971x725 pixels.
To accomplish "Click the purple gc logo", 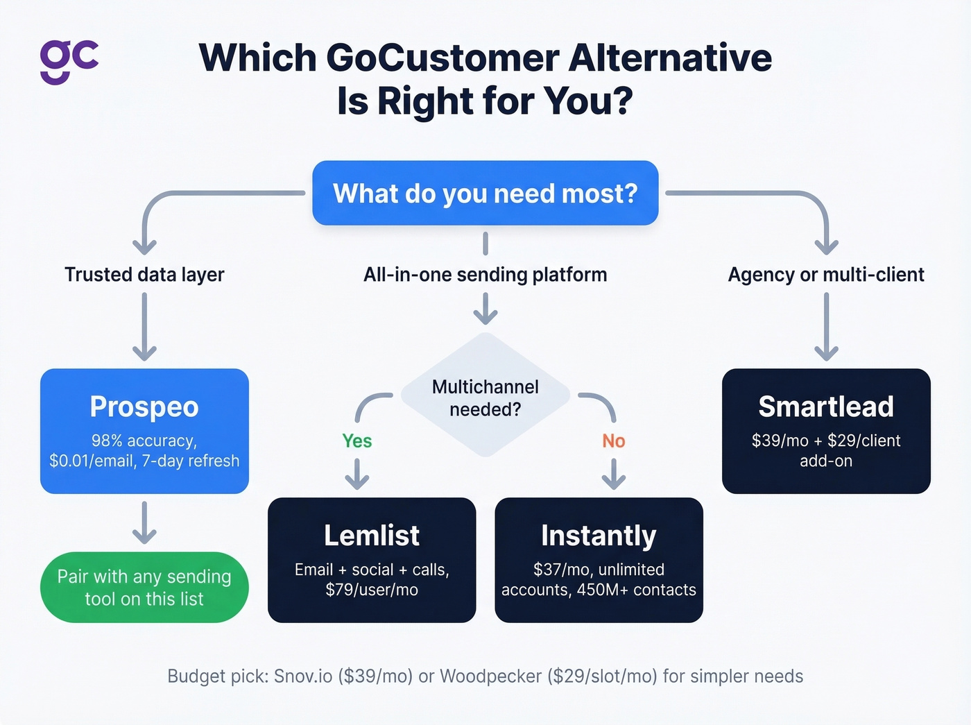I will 69,60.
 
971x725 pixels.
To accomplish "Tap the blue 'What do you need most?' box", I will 485,194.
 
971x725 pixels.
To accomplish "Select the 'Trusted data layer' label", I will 144,275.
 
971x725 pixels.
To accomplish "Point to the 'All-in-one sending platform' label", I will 485,275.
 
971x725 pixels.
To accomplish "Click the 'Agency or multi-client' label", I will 825,275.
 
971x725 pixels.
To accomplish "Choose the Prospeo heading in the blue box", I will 144,407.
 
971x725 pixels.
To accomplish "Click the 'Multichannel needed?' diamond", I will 485,398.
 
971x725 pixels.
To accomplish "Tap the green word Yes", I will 357,441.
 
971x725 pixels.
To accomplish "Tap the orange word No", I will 613,441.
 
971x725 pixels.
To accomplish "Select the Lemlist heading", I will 372,536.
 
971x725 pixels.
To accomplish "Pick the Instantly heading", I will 599,536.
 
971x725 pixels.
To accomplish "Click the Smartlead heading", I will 825,407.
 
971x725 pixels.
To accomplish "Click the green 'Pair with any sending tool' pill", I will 144,588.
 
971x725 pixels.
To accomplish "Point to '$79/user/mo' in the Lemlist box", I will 372,590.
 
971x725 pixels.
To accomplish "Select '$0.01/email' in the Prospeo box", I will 92,461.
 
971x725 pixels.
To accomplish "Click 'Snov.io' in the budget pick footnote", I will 303,676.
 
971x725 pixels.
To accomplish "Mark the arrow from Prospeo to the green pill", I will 144,522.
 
